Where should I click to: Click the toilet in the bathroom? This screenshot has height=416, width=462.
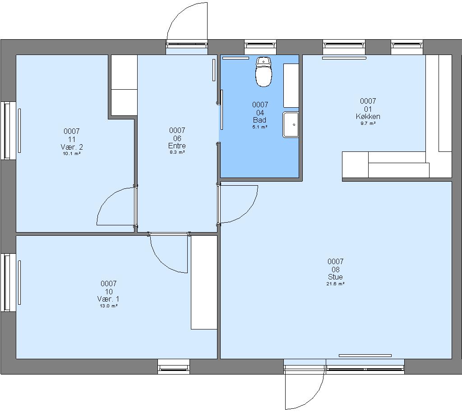click(263, 72)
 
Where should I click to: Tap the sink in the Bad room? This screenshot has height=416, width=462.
click(291, 124)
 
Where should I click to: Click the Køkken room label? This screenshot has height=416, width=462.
click(368, 117)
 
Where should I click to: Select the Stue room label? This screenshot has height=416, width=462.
click(335, 277)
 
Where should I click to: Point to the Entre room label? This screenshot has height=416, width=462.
click(177, 146)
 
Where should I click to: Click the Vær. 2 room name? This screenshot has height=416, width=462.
click(72, 147)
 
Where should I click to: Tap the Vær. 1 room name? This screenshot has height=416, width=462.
click(108, 299)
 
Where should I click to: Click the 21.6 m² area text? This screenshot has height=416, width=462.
click(336, 284)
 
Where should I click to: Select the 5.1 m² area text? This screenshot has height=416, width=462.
click(260, 127)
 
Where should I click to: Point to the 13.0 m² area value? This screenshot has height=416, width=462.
click(109, 306)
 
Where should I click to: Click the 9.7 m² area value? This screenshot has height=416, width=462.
click(368, 123)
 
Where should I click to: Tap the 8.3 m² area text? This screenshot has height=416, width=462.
click(177, 152)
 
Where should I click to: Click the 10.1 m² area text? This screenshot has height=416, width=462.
click(72, 154)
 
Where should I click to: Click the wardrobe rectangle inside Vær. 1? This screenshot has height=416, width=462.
click(204, 282)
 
